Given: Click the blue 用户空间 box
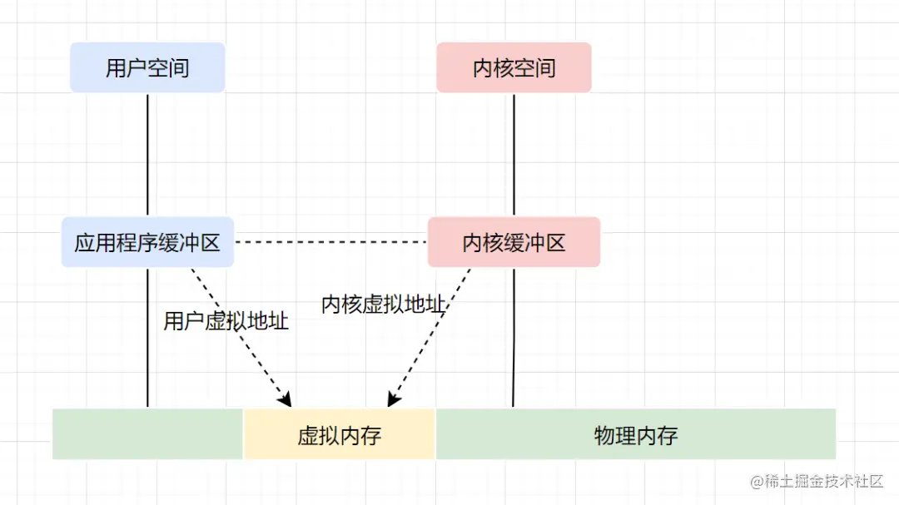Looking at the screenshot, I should tap(147, 67).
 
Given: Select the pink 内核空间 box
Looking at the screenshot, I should tap(514, 67).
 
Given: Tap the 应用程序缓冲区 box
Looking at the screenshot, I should tap(147, 242).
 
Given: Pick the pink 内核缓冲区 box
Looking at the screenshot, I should tap(514, 242).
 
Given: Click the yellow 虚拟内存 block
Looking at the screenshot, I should tap(339, 434).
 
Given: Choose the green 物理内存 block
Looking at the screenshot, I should tap(636, 434).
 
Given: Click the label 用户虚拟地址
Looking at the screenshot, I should tap(226, 321).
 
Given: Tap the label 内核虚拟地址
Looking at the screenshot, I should tap(383, 304).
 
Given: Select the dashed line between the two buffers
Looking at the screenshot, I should tap(330, 242).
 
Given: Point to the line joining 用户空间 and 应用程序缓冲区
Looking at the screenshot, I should tap(147, 154).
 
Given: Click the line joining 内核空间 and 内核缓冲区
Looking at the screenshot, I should tap(514, 154).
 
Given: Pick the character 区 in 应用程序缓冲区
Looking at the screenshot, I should tap(210, 243).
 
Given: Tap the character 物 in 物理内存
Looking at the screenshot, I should tap(604, 435).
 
